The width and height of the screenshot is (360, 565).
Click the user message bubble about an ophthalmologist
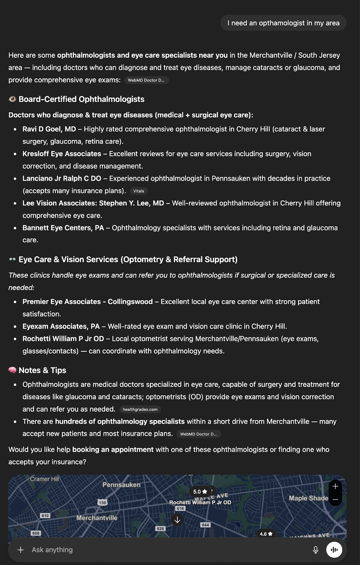tap(283, 23)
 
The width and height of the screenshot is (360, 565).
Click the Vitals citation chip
tap(138, 191)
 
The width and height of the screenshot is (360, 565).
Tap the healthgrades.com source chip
tap(140, 409)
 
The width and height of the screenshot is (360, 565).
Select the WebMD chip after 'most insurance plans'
tap(198, 434)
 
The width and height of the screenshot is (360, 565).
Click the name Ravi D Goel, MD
tap(49, 129)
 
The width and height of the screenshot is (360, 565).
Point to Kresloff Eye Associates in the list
tap(62, 154)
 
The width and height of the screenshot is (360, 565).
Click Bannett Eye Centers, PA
tap(63, 228)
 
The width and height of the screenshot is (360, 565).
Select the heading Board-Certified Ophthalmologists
tap(81, 99)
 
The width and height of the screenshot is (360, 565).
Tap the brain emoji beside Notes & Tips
tap(12, 370)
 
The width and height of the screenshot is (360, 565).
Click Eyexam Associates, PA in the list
tap(61, 326)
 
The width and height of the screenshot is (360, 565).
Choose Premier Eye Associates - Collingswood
tap(88, 302)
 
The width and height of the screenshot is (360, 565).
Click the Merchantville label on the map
tap(97, 518)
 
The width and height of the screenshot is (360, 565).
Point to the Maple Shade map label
tap(308, 498)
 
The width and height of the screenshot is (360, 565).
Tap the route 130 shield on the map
tap(102, 502)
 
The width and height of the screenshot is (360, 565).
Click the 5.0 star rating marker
tap(200, 492)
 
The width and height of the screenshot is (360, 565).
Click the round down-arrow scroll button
tap(177, 519)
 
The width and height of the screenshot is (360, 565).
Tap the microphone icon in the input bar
tap(315, 550)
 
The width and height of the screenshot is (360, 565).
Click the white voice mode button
tap(334, 550)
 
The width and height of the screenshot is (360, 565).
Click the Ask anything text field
tap(141, 550)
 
